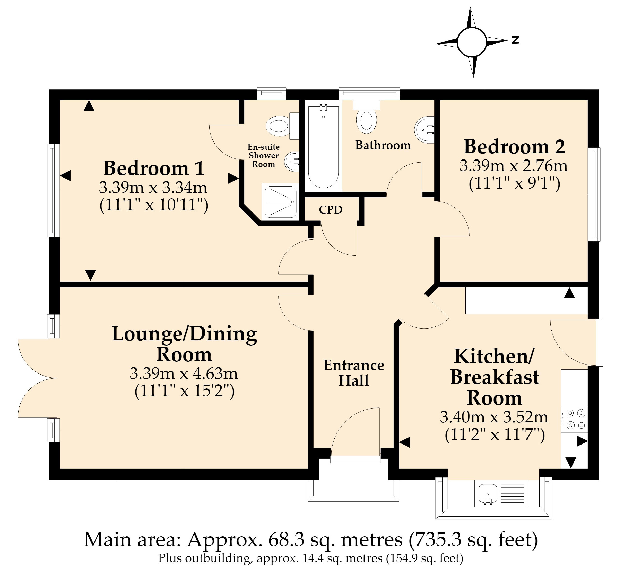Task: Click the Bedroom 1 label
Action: tap(154, 168)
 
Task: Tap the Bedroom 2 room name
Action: tap(514, 147)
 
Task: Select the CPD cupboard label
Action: tap(331, 210)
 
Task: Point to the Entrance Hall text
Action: tap(354, 373)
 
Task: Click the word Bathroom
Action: tap(383, 145)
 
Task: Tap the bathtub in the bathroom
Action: tap(323, 146)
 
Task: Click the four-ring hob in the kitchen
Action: tap(574, 419)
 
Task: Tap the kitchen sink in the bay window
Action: tap(488, 493)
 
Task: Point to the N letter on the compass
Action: tap(515, 40)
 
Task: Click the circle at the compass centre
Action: tap(472, 42)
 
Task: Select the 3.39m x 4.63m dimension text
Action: tap(184, 374)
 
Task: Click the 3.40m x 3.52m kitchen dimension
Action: tap(494, 417)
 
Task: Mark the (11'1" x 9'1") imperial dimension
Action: tap(514, 184)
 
